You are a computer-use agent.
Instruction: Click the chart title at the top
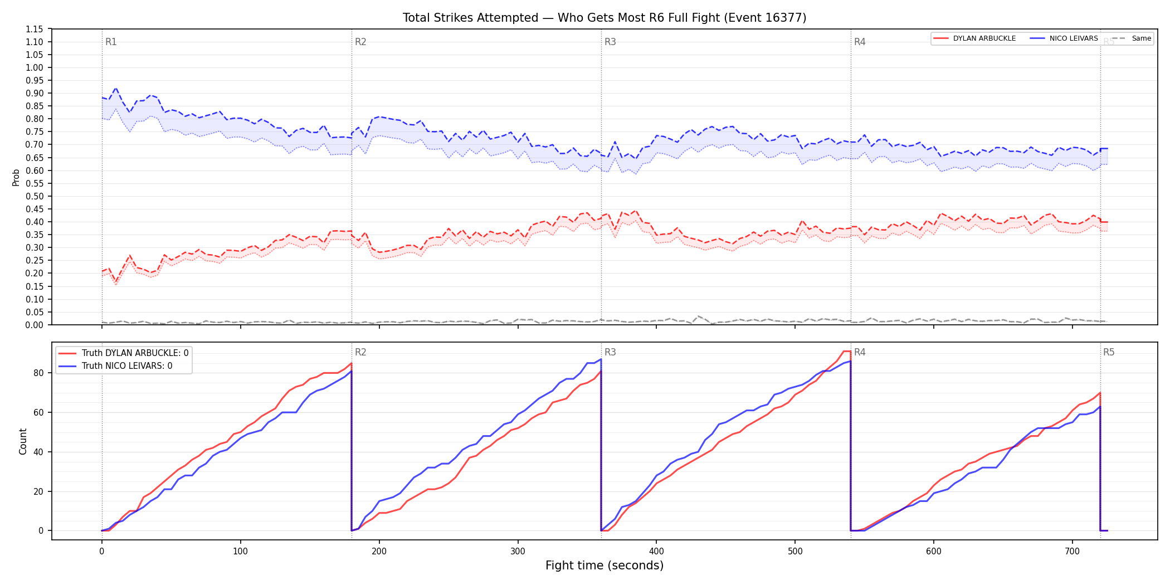click(x=604, y=18)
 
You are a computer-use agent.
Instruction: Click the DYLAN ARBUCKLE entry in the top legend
click(x=974, y=38)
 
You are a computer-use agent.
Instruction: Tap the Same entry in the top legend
click(x=1132, y=38)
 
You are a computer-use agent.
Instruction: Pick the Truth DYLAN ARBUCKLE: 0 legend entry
click(x=124, y=353)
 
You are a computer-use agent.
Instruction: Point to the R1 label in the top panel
click(x=111, y=42)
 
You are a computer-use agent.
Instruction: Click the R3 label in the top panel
click(x=610, y=42)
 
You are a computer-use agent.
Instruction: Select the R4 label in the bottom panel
click(x=860, y=352)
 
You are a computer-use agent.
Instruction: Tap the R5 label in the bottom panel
click(x=1109, y=352)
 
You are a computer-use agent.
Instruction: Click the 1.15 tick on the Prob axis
click(x=34, y=29)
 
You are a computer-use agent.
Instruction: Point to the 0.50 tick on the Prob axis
click(x=34, y=196)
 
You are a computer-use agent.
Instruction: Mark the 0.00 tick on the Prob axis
click(x=34, y=325)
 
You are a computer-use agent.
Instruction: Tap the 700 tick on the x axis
click(x=1072, y=552)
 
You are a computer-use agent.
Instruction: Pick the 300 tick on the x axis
click(x=518, y=552)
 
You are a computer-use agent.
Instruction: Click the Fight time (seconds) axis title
click(x=604, y=565)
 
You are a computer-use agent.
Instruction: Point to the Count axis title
click(x=23, y=441)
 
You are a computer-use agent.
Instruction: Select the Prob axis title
click(x=16, y=177)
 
